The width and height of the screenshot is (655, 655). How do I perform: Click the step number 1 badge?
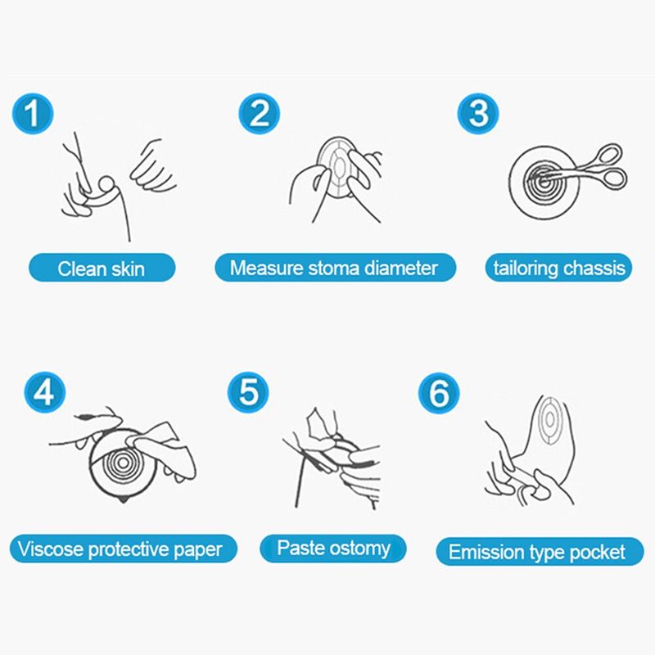[x=33, y=113]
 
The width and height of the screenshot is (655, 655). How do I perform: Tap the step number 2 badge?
[x=259, y=113]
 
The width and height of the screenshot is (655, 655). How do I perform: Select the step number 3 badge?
[x=478, y=113]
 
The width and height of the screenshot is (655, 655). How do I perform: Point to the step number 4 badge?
[x=44, y=392]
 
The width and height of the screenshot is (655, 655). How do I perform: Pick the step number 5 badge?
[x=248, y=392]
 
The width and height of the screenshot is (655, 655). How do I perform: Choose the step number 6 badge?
[x=439, y=393]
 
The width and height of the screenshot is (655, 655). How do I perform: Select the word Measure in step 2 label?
[x=267, y=268]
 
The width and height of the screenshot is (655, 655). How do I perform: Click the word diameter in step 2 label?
[x=401, y=268]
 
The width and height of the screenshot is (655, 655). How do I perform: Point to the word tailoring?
[x=526, y=268]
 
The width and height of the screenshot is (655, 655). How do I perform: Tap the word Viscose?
[x=51, y=549]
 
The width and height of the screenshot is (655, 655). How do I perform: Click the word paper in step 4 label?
[x=197, y=550]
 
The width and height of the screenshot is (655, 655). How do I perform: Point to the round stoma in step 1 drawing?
[x=106, y=183]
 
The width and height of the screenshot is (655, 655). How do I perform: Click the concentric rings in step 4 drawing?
[x=122, y=463]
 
